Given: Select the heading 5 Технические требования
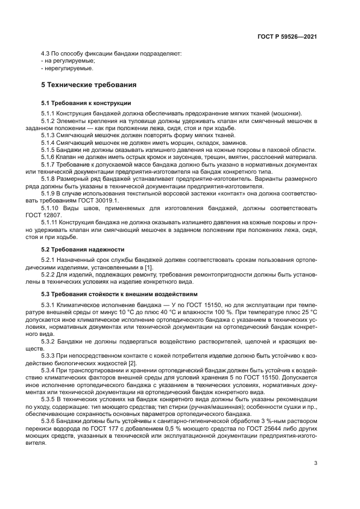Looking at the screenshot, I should [x=89, y=85].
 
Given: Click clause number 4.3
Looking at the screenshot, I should [x=47, y=53].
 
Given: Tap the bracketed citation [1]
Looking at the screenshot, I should [x=148, y=266].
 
